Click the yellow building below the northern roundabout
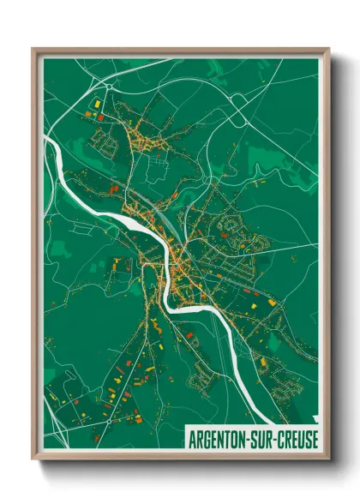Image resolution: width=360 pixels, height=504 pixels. [97, 103]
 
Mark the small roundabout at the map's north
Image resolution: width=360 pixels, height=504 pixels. [110, 87]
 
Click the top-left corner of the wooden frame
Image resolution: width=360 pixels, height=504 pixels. [33, 49]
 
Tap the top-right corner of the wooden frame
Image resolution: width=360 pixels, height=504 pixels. [328, 49]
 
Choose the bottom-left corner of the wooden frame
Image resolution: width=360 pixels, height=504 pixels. [33, 461]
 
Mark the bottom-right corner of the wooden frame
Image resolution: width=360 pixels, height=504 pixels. [328, 461]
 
